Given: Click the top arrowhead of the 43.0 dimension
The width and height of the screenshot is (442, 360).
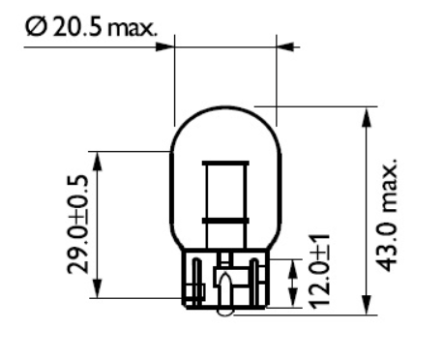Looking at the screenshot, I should (367, 114).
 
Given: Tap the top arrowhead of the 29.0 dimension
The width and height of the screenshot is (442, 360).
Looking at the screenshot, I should (97, 158).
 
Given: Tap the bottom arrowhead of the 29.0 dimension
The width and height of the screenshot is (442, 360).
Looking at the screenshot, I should (97, 292).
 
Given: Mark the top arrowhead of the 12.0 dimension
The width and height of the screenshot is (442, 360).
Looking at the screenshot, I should (294, 265).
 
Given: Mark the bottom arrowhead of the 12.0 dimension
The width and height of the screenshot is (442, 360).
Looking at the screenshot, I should (294, 303).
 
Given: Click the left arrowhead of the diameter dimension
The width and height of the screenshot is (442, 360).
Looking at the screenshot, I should (166, 45).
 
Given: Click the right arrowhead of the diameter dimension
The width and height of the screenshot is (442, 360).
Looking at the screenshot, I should (283, 45).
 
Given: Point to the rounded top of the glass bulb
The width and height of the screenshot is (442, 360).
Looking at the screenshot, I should (224, 108).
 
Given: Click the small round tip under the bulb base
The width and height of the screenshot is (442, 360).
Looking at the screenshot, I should (223, 312).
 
